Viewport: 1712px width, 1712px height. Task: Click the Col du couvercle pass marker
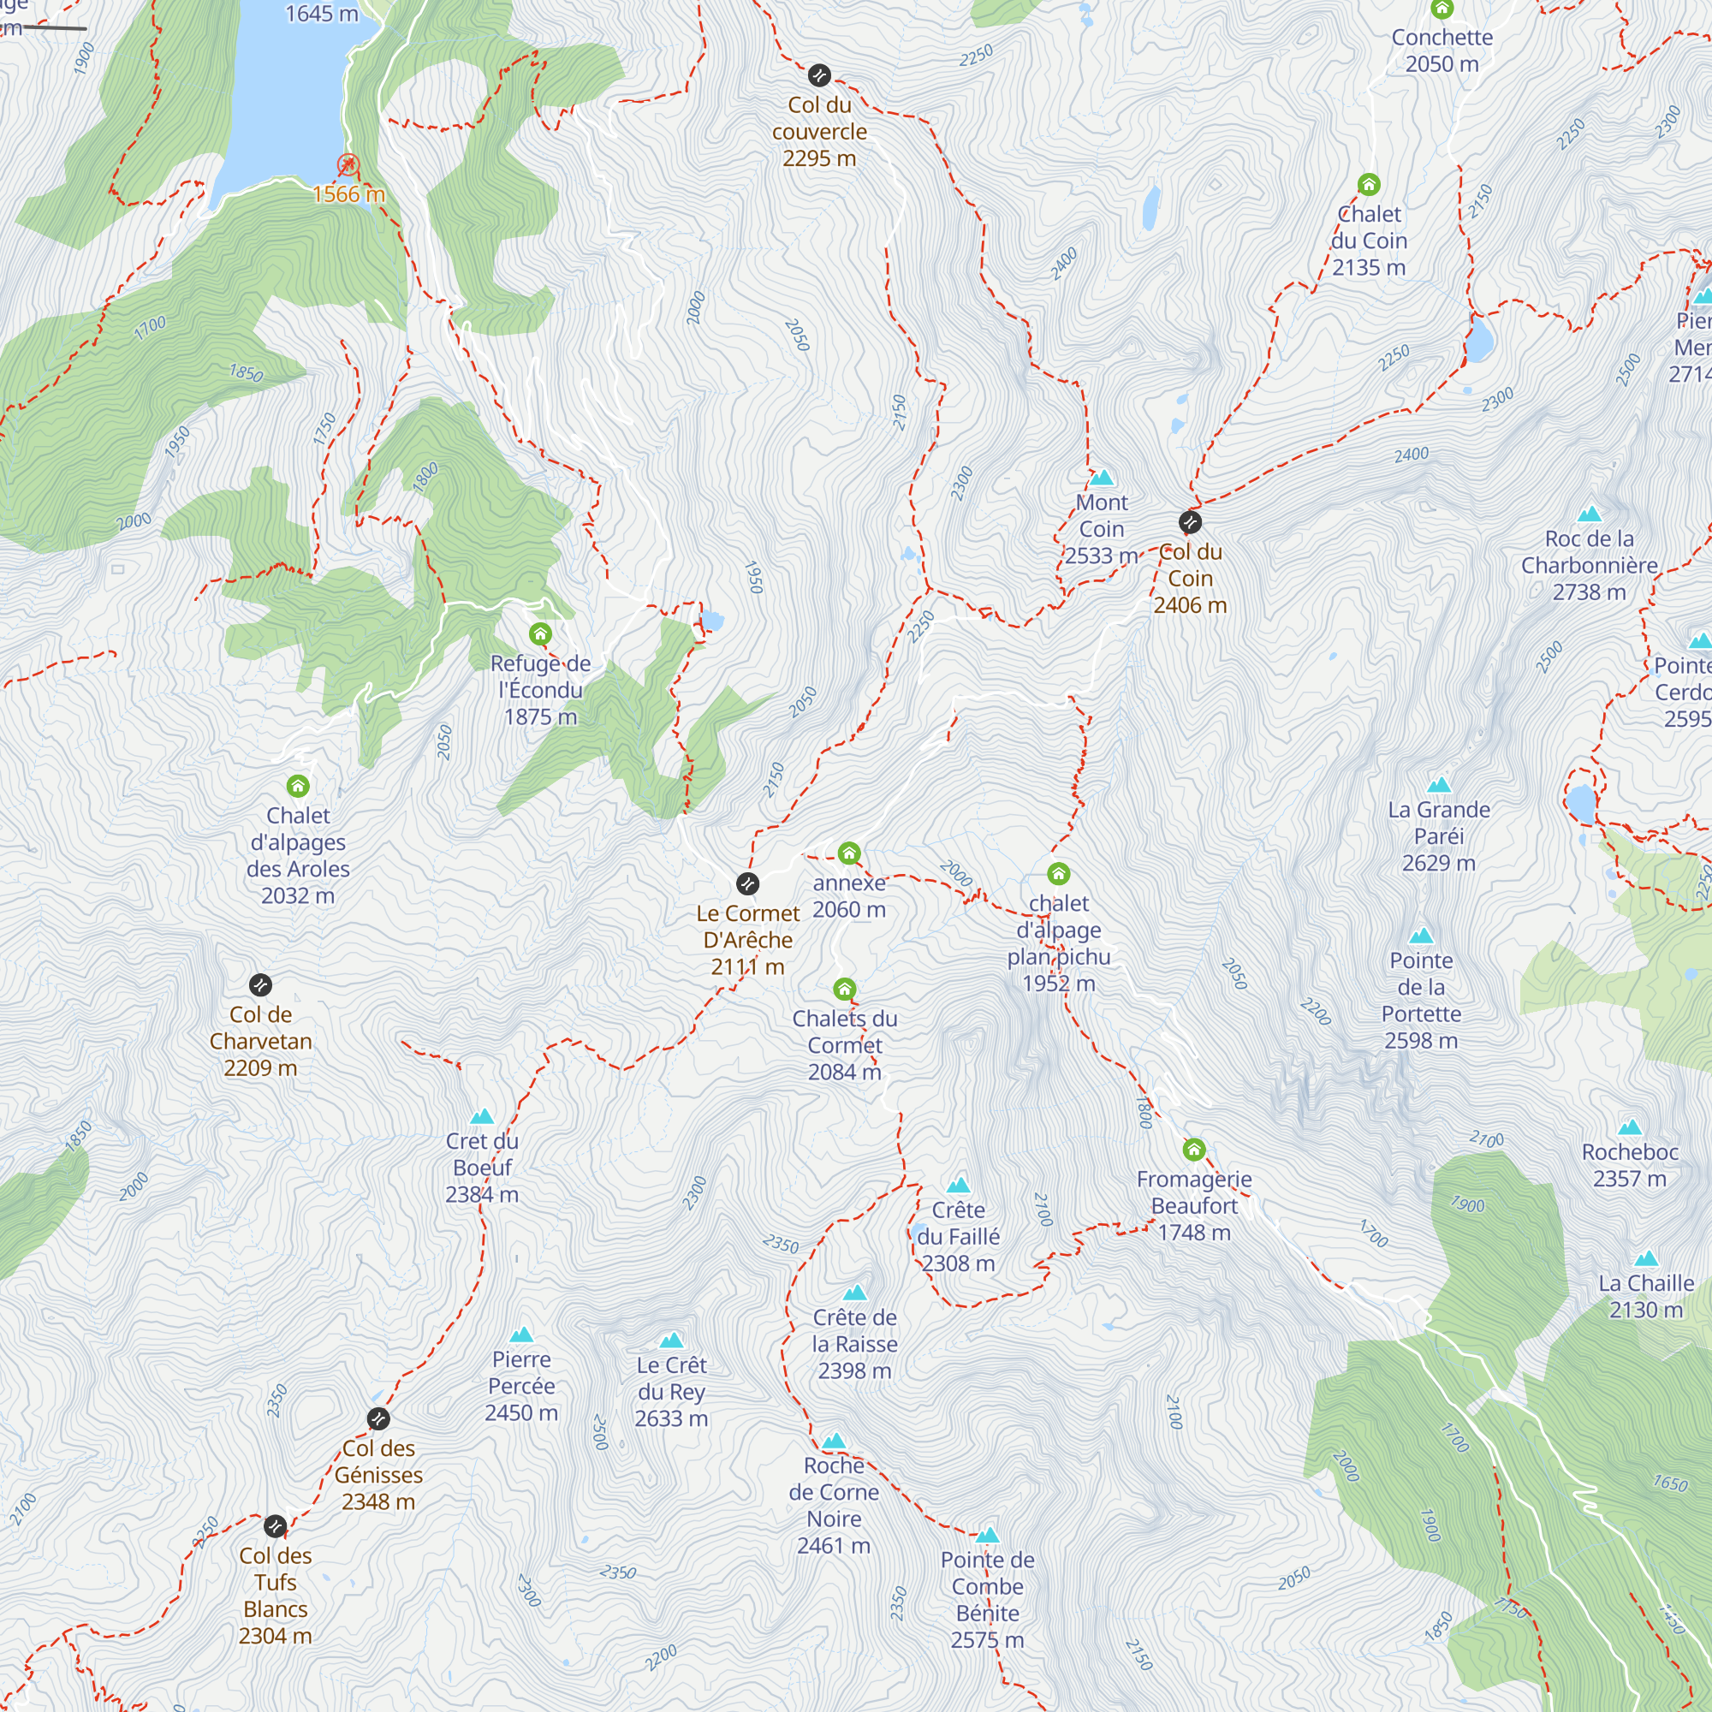pos(820,75)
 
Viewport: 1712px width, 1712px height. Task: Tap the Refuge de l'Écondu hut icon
pos(540,633)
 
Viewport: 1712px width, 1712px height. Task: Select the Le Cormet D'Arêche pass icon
pos(748,883)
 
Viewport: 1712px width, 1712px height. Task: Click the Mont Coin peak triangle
pos(1102,479)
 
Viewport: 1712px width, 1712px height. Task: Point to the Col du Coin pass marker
pos(1190,522)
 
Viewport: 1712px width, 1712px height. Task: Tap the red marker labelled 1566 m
pos(348,165)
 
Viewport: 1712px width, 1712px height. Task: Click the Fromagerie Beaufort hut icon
pos(1193,1150)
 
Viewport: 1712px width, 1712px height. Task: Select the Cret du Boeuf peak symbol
pos(482,1116)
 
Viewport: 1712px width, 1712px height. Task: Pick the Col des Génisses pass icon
pos(378,1418)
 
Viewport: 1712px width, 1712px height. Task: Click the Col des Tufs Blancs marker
pos(276,1526)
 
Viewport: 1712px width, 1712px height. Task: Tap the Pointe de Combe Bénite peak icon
pos(987,1536)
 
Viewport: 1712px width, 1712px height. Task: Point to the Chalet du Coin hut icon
pos(1369,184)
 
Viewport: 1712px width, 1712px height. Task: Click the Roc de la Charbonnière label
pos(1589,564)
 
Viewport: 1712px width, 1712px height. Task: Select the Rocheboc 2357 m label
pos(1630,1165)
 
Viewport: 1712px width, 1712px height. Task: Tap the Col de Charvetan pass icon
pos(259,984)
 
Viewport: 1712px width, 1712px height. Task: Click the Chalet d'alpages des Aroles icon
pos(298,786)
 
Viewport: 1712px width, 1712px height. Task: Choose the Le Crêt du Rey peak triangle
pos(672,1340)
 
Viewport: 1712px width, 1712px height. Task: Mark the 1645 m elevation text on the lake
pos(322,14)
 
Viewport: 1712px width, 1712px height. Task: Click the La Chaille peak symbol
pos(1645,1259)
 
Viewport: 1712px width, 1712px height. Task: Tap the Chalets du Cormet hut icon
pos(845,989)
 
